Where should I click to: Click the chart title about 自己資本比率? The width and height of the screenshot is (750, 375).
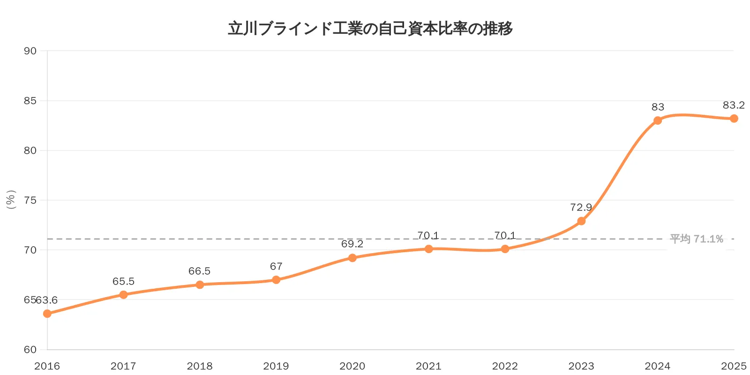coord(370,29)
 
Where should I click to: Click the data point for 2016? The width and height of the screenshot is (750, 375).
coord(47,314)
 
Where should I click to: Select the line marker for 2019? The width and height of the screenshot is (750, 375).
coord(276,280)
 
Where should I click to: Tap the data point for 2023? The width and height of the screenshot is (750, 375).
coord(581,221)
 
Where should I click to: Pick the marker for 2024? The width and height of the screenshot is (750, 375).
coord(658,120)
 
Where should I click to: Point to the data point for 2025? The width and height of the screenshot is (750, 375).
coord(734,119)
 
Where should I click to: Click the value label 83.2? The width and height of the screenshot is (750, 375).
coord(733,105)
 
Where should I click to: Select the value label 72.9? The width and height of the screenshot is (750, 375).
coord(581,207)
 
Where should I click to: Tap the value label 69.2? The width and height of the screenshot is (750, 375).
coord(352,244)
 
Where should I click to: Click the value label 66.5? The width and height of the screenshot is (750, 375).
coord(199,271)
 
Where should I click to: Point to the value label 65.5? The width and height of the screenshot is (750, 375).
coord(123,281)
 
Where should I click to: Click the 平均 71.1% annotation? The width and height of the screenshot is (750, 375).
coord(696,239)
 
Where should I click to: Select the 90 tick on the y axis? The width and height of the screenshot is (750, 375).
coord(30,51)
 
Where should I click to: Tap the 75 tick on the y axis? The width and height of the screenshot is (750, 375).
coord(30,201)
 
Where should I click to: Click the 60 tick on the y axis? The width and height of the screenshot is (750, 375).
coord(30,350)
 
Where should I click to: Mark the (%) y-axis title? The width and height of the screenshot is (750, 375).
coord(11,200)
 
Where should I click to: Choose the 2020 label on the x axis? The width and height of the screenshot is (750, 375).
coord(352,366)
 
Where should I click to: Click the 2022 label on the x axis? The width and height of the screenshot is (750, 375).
coord(505,366)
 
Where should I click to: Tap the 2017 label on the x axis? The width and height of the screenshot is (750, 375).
coord(123,366)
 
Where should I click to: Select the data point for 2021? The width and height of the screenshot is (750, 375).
coord(428,249)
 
